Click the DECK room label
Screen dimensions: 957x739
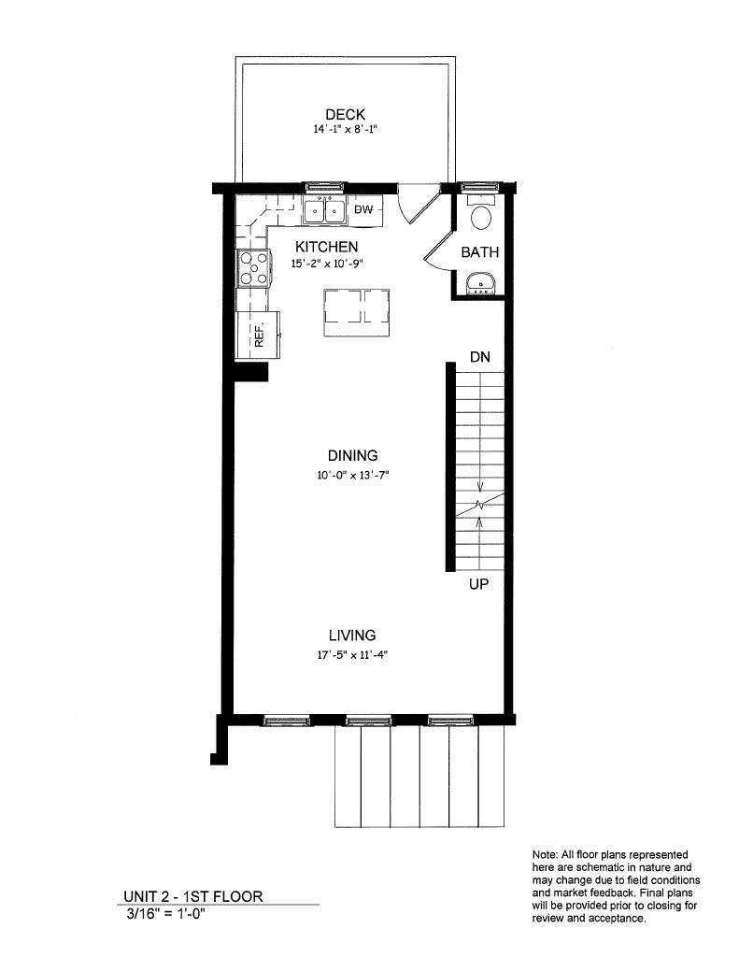click(x=345, y=115)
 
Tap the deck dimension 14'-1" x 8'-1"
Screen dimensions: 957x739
click(x=345, y=131)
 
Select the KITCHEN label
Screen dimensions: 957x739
click(x=326, y=247)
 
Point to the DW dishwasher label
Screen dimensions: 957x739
click(x=364, y=210)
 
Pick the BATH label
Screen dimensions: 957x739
click(x=480, y=252)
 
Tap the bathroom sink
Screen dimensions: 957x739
click(x=480, y=281)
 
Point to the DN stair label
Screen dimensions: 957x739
click(x=480, y=358)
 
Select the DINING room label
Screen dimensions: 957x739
click(x=352, y=456)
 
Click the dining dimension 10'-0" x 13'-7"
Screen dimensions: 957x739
click(x=351, y=475)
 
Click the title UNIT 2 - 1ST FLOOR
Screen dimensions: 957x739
click(x=193, y=896)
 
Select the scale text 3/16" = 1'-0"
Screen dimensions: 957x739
click(x=166, y=914)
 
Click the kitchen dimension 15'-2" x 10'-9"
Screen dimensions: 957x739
click(x=326, y=264)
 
